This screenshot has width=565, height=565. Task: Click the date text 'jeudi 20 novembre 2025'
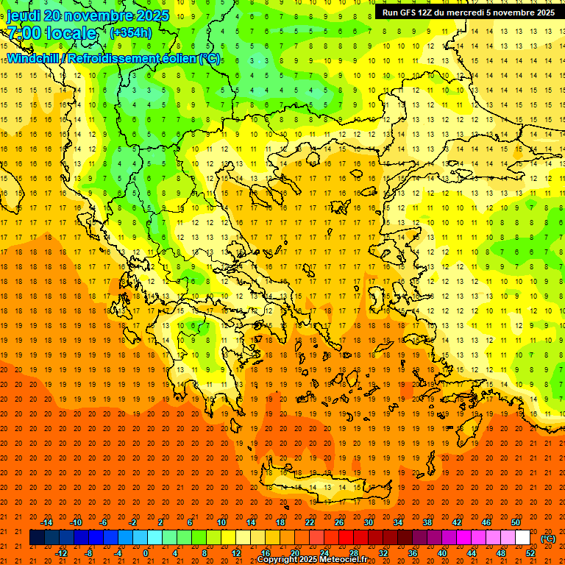point(88,15)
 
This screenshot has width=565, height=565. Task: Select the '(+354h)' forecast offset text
point(131,32)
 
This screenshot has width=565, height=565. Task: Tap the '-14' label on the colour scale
point(46,522)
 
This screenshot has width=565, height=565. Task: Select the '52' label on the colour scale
point(530,553)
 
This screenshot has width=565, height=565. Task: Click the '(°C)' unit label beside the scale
point(547,539)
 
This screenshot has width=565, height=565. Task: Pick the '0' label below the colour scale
point(146,553)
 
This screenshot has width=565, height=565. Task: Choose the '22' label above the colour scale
point(310,522)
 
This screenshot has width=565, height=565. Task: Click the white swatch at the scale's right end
point(522,538)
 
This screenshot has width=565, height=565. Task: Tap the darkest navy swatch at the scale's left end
point(37,538)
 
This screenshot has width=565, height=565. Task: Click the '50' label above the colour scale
point(515,522)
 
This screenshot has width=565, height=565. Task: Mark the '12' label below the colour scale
point(236,553)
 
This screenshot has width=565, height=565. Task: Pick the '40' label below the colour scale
point(442,553)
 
